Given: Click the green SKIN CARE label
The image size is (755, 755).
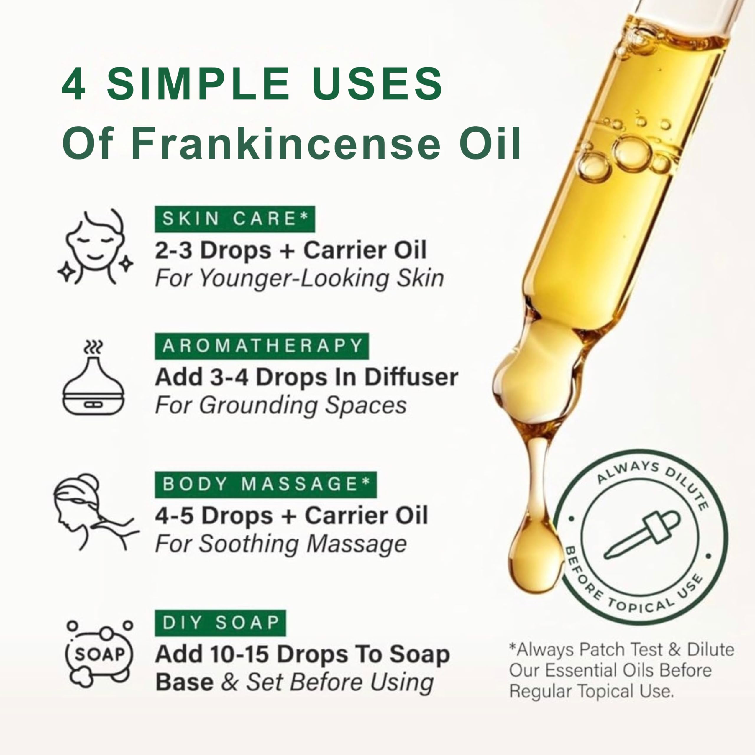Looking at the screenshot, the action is coord(234,219).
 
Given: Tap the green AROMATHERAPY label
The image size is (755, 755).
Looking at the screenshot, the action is coord(261,346).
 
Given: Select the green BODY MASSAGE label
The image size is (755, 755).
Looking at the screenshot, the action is coord(266,485).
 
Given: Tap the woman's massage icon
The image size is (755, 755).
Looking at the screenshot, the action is coord(96,512).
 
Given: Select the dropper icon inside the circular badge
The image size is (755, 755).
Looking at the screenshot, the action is coord(642,534).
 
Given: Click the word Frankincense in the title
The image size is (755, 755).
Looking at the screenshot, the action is coord(286,143).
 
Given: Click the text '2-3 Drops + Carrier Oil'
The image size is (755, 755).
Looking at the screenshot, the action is coord(291,250).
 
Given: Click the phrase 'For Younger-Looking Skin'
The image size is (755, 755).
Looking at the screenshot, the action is coord(299,279).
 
